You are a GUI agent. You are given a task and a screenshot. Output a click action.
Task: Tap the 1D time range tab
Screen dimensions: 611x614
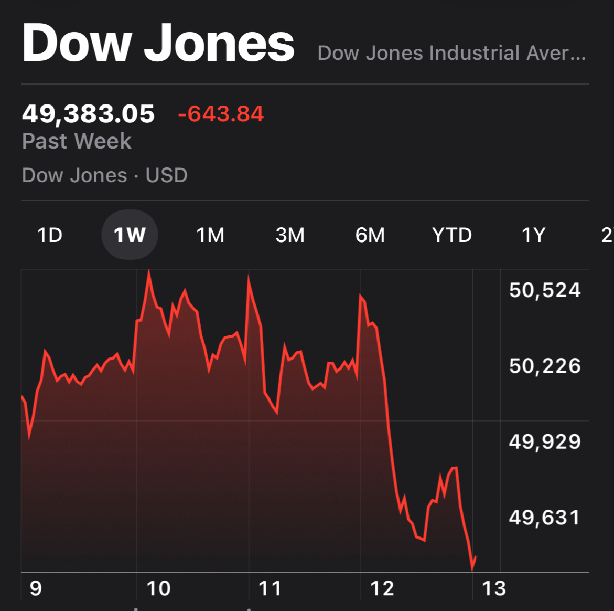50,235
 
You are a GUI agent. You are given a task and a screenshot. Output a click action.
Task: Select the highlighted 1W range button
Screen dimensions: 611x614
130,235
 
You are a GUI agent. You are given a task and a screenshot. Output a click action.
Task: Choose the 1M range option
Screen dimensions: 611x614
210,235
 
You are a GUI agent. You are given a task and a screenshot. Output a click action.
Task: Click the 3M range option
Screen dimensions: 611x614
290,235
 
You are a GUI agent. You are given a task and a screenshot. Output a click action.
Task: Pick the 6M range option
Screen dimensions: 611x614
370,235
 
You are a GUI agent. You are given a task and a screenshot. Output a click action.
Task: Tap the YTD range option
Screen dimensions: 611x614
451,235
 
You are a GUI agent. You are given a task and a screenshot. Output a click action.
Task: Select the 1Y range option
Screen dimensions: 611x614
533,235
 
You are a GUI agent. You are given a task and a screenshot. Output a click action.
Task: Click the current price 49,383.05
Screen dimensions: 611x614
88,114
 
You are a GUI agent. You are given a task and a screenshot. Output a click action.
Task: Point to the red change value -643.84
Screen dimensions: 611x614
221,114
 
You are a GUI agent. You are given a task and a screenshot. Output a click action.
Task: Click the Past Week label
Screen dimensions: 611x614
77,141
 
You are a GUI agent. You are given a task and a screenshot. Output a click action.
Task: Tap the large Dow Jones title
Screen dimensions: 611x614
158,44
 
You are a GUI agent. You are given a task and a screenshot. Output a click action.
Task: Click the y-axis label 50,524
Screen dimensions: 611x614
545,290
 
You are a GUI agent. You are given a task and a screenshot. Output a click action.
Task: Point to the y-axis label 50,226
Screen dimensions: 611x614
545,366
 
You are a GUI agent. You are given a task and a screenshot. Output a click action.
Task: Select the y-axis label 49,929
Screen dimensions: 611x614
545,442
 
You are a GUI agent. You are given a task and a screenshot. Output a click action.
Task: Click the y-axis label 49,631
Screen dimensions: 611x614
545,518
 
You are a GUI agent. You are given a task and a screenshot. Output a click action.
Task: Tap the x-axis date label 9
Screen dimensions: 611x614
36,588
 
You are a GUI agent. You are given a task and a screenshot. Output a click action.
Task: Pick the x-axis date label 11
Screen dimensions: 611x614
270,588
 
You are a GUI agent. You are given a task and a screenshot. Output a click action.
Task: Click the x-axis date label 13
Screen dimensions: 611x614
493,588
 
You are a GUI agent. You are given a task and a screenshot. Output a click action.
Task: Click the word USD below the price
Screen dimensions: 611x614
166,175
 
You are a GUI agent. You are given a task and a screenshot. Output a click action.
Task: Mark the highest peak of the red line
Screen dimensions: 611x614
149,271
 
